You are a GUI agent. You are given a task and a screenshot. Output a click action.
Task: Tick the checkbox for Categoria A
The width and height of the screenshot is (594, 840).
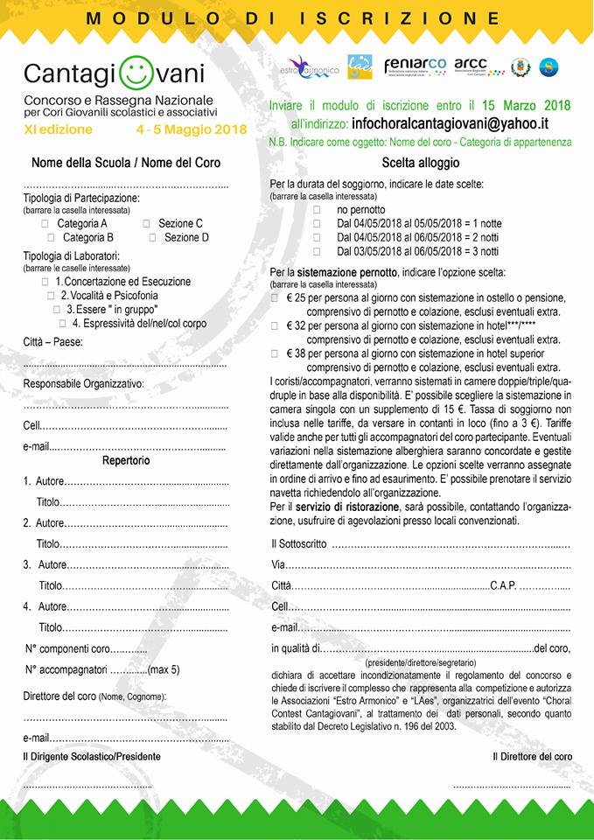(x=45, y=224)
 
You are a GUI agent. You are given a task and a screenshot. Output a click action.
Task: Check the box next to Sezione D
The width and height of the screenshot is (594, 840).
(x=153, y=237)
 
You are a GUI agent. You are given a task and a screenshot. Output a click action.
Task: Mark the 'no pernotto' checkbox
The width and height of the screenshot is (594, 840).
(x=317, y=211)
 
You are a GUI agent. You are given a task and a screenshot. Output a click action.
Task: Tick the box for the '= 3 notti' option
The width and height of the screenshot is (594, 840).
(x=317, y=251)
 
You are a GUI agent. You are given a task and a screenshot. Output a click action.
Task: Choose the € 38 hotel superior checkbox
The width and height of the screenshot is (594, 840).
(x=276, y=354)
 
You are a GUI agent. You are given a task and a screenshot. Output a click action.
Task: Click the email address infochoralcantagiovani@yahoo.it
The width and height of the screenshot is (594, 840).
(x=468, y=124)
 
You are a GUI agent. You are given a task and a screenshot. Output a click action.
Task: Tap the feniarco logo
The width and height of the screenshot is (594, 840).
(x=415, y=66)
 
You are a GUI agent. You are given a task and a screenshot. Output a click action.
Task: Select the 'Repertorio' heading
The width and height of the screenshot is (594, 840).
(x=126, y=460)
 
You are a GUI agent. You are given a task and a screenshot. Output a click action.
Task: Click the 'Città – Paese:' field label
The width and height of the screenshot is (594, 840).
(x=53, y=342)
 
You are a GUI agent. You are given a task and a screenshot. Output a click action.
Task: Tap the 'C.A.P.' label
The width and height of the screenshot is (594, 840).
(x=503, y=585)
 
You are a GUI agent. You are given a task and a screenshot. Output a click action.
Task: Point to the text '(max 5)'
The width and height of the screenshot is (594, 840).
(x=164, y=670)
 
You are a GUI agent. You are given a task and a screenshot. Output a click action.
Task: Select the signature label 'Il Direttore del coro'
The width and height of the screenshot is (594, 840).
(x=532, y=756)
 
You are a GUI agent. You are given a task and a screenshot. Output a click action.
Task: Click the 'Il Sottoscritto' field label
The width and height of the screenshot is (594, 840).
(x=299, y=544)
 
